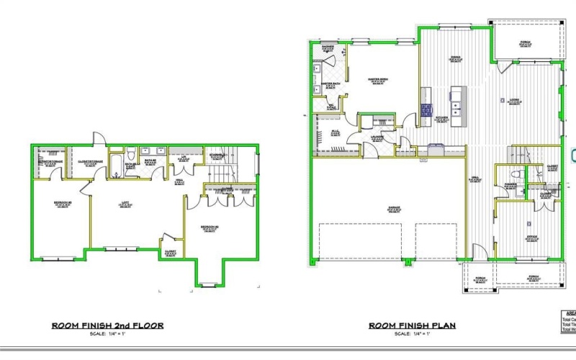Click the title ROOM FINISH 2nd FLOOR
(107, 325)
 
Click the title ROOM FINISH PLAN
(412, 325)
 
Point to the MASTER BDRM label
(379, 81)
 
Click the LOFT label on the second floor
(124, 204)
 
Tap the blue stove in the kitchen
(426, 109)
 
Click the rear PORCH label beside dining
(526, 42)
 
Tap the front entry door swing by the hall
(479, 251)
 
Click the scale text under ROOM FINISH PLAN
(412, 335)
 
